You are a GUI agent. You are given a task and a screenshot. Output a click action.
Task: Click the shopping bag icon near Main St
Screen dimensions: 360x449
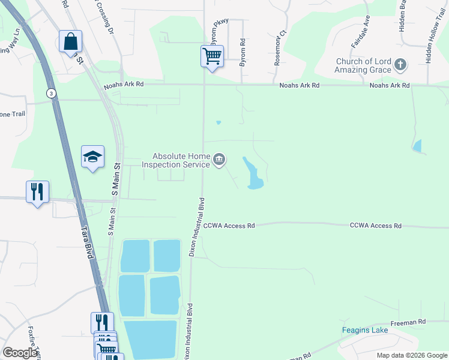pos(70,43)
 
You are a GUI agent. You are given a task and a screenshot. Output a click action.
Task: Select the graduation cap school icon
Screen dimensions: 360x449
pos(92,158)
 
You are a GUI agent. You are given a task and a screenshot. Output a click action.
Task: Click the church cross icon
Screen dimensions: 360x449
pos(401,65)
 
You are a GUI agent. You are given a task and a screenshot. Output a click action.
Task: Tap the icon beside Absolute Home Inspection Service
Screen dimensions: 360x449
pos(219,160)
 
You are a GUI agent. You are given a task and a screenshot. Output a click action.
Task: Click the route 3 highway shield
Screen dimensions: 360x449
pos(52,92)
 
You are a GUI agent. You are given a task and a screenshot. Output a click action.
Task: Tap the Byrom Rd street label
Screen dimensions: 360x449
pos(243,52)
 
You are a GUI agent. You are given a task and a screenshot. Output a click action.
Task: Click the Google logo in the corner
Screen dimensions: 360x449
pos(20,352)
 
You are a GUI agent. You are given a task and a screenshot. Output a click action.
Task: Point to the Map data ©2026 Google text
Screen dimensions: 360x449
pos(411,355)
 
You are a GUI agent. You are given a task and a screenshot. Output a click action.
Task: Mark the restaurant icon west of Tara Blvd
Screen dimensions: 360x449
pos(37,193)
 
